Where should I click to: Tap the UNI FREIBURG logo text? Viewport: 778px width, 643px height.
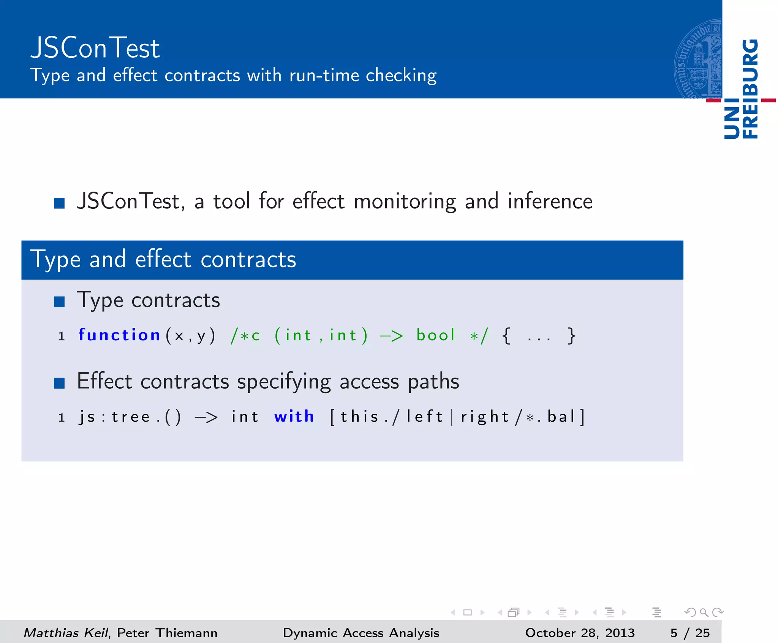pos(741,89)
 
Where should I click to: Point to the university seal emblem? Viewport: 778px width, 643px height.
pos(698,59)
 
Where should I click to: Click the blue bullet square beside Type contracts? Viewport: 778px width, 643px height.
pos(59,302)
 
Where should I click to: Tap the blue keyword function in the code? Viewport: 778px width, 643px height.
pos(119,335)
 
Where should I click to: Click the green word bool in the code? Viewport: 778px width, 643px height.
pos(435,335)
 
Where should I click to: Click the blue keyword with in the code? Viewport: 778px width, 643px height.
pos(294,417)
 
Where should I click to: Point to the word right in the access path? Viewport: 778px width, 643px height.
pos(484,417)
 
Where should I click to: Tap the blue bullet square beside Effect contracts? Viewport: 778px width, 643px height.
pos(59,383)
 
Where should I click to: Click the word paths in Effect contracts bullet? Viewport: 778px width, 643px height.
pos(433,382)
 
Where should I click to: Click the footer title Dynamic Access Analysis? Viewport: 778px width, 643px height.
pos(361,633)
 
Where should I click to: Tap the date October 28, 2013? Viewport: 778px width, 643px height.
pos(580,633)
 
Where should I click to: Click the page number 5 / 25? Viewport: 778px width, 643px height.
pos(689,633)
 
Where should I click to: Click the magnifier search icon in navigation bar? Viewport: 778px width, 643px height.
pos(704,612)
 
